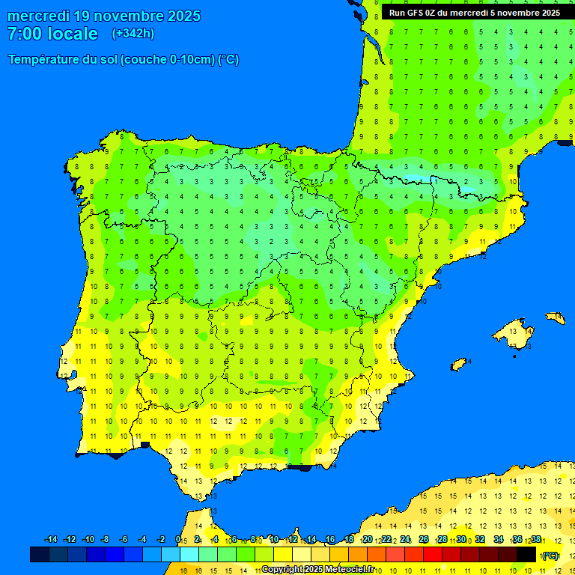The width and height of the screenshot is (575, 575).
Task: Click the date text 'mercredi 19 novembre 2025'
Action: [104, 16]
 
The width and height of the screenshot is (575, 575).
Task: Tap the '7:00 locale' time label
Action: [52, 34]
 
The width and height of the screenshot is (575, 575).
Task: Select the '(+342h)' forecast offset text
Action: [133, 34]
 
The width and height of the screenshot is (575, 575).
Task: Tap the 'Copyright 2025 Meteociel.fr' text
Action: [317, 569]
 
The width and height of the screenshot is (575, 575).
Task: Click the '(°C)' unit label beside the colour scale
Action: [550, 555]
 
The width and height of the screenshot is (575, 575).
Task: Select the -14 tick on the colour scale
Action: [51, 540]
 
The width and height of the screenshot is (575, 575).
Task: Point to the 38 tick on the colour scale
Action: [536, 540]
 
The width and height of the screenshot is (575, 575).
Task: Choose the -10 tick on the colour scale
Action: [88, 540]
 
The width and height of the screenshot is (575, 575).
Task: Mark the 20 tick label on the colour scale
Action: [368, 540]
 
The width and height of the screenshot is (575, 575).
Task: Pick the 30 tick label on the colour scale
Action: [461, 540]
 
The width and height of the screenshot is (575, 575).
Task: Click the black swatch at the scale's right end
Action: [526, 554]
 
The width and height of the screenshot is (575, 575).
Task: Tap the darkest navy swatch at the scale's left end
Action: [40, 554]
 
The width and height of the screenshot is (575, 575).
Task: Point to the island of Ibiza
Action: [458, 365]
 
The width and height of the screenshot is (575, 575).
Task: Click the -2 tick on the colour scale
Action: [160, 540]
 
